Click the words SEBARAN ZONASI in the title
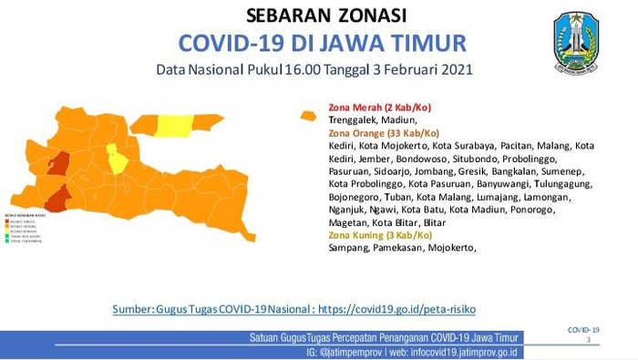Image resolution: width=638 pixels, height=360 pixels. [326, 15]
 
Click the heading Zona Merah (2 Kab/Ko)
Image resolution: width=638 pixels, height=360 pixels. [373, 107]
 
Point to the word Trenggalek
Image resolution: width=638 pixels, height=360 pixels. [355, 119]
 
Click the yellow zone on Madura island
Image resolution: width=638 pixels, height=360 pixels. [176, 126]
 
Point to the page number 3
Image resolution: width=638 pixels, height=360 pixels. [589, 340]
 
